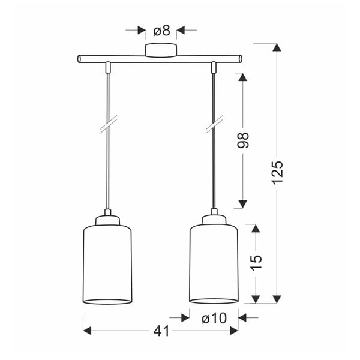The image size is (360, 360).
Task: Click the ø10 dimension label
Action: click(x=214, y=318)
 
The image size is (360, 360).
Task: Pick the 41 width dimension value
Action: click(x=161, y=331)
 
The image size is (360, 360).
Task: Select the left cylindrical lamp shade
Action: click(x=107, y=264)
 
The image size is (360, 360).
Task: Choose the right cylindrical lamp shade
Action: click(x=214, y=264)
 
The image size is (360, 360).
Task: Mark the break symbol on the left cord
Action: click(x=107, y=128)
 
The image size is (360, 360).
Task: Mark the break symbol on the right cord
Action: click(x=214, y=128)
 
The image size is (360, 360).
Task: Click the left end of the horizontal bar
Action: click(x=80, y=59)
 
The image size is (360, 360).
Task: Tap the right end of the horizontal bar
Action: click(x=240, y=59)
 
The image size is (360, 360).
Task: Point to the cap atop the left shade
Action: click(x=107, y=220)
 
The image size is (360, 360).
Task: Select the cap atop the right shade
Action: click(x=214, y=220)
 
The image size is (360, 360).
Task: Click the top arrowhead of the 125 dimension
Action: click(x=277, y=48)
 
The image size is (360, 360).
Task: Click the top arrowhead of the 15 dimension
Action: click(x=256, y=229)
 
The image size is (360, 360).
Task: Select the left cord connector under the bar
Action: click(x=107, y=67)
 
